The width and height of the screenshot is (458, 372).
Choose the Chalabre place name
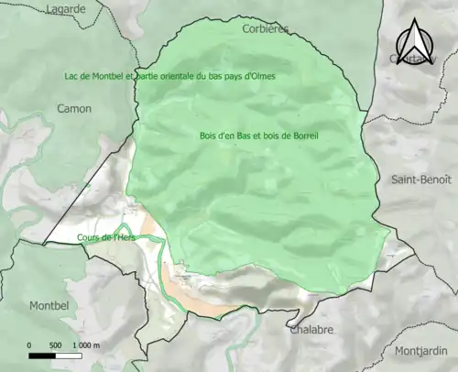311,330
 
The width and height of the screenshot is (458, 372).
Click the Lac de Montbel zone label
169,75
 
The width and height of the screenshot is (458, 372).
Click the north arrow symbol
413,41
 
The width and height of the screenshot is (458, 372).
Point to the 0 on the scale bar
29,345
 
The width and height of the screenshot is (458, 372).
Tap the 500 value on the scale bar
55,345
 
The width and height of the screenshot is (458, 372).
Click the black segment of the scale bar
42,355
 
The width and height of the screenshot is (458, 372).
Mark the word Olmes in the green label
262,75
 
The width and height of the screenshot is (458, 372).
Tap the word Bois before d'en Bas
208,136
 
